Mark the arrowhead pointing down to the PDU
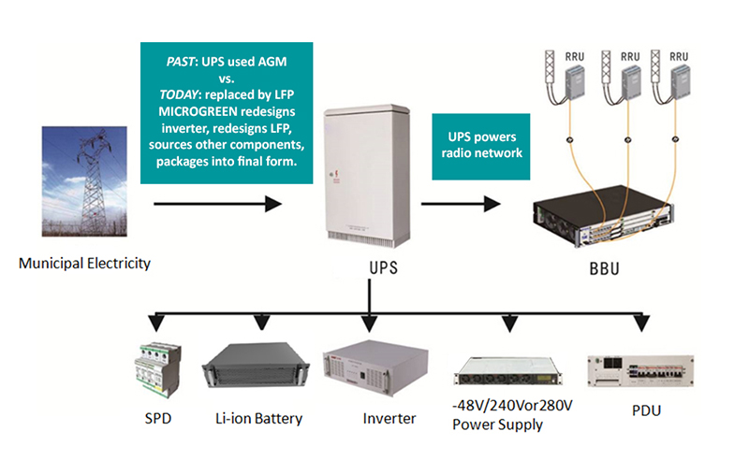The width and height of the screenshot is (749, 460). pos(641,323)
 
